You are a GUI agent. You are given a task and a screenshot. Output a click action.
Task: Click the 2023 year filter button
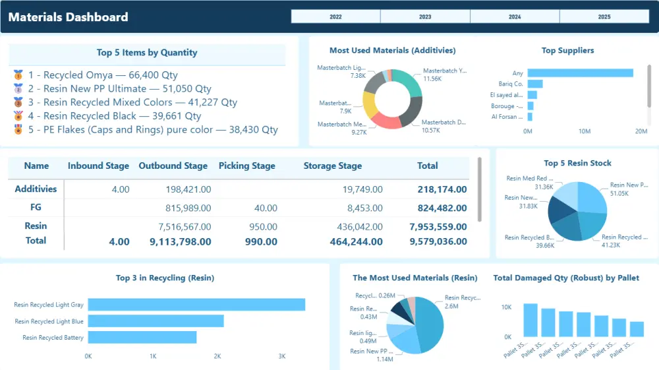pyautogui.click(x=425, y=17)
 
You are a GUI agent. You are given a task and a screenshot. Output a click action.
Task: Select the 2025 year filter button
pyautogui.click(x=604, y=17)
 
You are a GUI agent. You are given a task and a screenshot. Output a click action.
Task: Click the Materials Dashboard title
pyautogui.click(x=68, y=17)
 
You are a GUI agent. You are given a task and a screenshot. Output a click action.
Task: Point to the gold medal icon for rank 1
pyautogui.click(x=18, y=75)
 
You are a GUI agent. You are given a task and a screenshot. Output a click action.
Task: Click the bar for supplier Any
pyautogui.click(x=580, y=73)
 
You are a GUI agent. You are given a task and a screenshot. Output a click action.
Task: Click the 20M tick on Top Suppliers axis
pyautogui.click(x=641, y=131)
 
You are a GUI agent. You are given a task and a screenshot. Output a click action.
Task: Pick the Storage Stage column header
pyautogui.click(x=332, y=166)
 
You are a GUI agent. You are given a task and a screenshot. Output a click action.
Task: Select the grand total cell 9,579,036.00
pyautogui.click(x=438, y=241)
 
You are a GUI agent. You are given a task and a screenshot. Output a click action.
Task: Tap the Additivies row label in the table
pyautogui.click(x=36, y=189)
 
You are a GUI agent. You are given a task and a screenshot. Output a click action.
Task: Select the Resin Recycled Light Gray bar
pyautogui.click(x=196, y=305)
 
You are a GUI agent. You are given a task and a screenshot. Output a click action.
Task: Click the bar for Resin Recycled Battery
pyautogui.click(x=142, y=337)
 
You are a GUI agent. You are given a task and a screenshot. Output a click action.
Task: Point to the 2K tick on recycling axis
pyautogui.click(x=217, y=356)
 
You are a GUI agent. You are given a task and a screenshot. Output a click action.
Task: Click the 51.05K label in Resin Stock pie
pyautogui.click(x=619, y=194)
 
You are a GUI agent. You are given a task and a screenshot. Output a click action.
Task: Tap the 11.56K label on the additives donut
pyautogui.click(x=432, y=79)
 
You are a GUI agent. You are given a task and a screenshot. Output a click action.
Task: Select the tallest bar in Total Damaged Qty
pyautogui.click(x=530, y=320)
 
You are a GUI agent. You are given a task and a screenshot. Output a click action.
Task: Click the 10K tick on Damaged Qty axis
pyautogui.click(x=506, y=307)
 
